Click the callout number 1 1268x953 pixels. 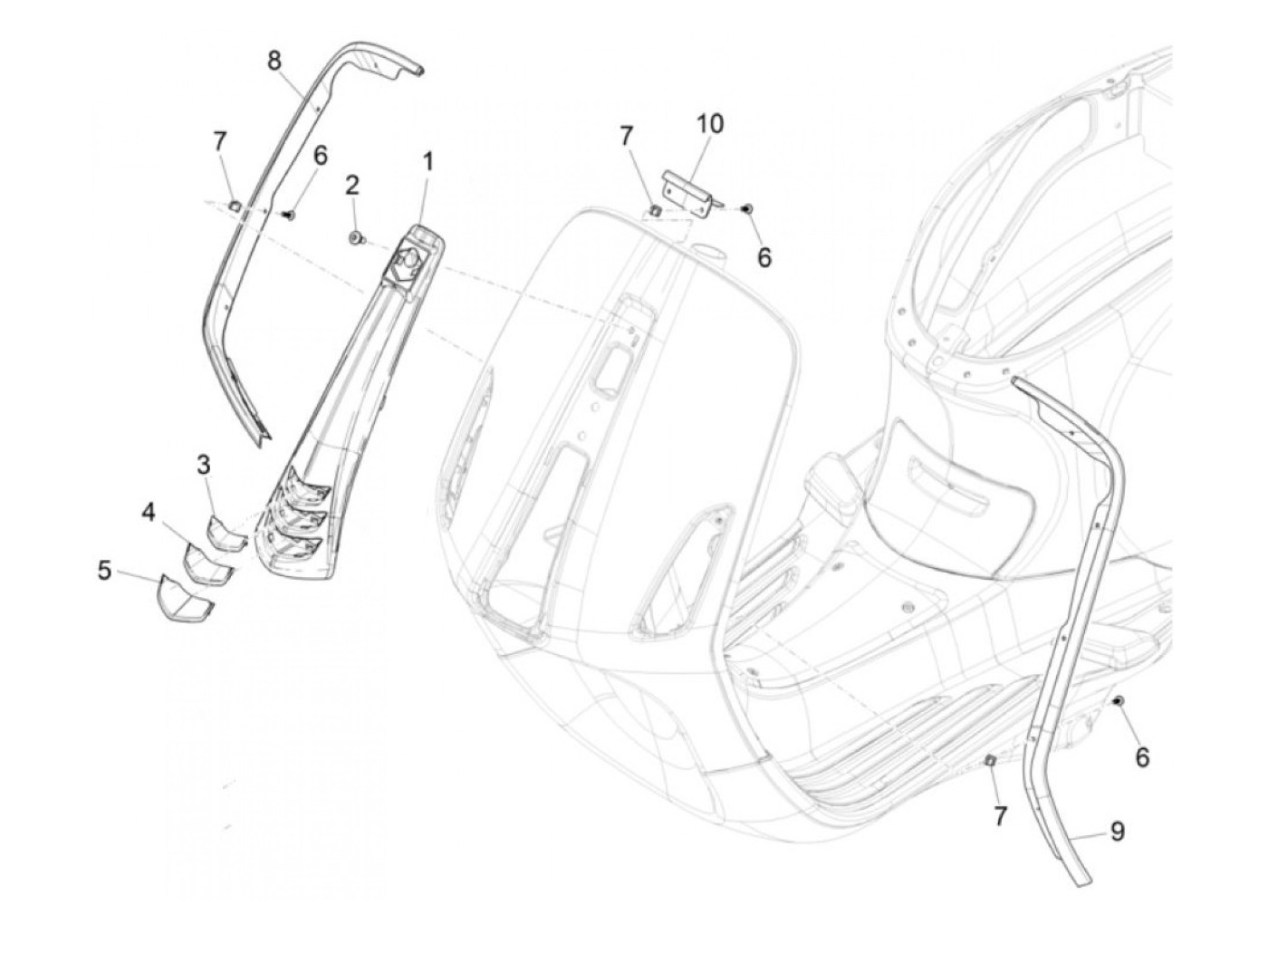pos(427,162)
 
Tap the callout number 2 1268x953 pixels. pos(351,186)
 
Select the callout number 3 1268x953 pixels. pos(204,465)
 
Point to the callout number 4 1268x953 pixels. pos(147,513)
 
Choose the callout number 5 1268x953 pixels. pos(104,572)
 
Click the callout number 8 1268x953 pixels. pos(274,61)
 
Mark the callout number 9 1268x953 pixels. pos(1117,831)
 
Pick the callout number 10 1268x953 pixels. pos(710,123)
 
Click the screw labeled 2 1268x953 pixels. pos(354,238)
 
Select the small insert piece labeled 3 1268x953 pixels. pos(226,531)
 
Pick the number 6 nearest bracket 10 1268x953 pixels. pos(764,258)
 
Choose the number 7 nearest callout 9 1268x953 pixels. pos(1000,816)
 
